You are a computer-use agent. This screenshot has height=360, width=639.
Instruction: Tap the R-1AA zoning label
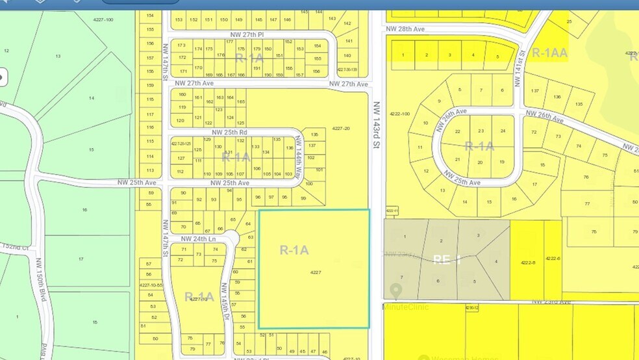tap(550, 53)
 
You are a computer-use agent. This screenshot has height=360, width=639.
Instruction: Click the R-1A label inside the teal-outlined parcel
tap(294, 250)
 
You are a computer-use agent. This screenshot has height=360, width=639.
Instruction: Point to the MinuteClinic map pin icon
tap(395, 290)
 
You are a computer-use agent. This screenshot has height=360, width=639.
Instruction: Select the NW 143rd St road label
tap(376, 125)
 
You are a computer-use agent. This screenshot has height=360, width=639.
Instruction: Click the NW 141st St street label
tap(520, 53)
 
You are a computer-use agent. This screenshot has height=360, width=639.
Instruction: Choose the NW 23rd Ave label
tap(551, 302)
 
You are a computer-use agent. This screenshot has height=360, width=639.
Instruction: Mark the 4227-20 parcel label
tap(341, 129)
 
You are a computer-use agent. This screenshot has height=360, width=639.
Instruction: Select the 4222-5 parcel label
tap(527, 262)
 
